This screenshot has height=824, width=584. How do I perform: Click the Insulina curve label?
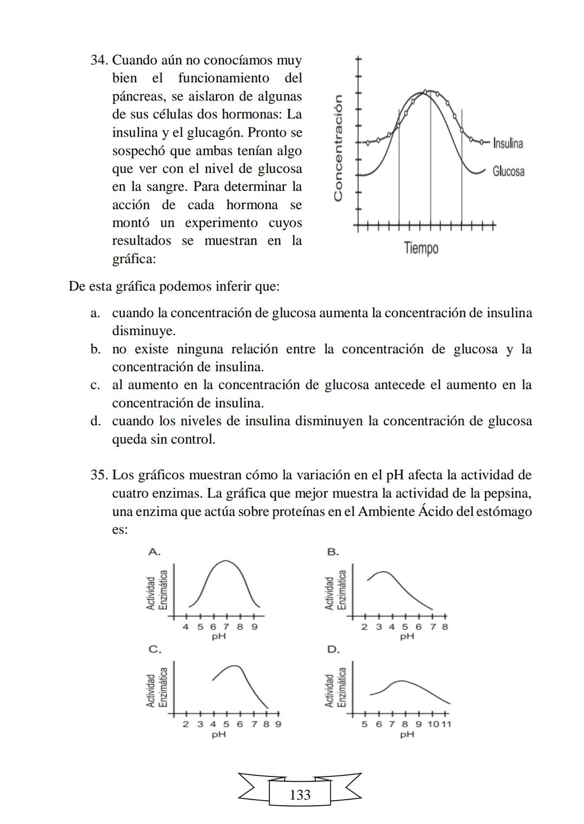[x=508, y=143]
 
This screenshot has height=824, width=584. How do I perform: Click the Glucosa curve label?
[x=508, y=171]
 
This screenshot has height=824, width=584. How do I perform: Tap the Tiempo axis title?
[x=421, y=249]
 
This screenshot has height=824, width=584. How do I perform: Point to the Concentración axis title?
[x=339, y=148]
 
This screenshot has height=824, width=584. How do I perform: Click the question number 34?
[x=99, y=60]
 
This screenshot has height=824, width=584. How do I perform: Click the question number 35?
[x=99, y=475]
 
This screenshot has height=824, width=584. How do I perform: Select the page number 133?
[x=300, y=795]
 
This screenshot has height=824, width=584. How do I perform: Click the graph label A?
[x=154, y=552]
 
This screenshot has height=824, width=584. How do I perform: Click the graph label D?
[x=333, y=649]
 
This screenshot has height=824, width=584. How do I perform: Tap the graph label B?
[x=333, y=552]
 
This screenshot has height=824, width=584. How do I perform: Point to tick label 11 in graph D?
[x=446, y=724]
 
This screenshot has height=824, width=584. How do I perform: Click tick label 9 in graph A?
[x=254, y=627]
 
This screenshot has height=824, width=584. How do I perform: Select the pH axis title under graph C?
[x=218, y=734]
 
